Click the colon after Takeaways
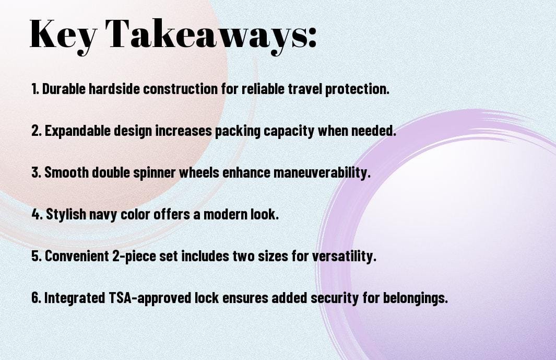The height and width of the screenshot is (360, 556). [311, 38]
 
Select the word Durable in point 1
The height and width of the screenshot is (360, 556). [64, 89]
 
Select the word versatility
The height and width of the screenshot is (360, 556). [344, 256]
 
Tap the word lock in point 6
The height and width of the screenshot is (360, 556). [206, 297]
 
